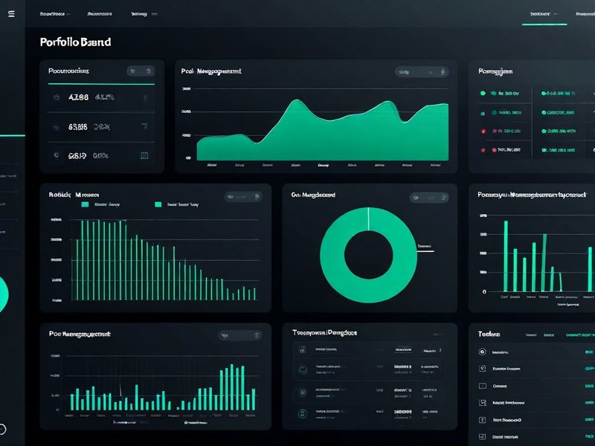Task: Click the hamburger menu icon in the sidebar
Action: pyautogui.click(x=11, y=14)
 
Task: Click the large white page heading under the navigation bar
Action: pyautogui.click(x=75, y=42)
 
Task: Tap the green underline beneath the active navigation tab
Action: pyautogui.click(x=544, y=25)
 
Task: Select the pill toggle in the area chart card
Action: pyautogui.click(x=422, y=72)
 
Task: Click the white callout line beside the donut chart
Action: pyautogui.click(x=424, y=251)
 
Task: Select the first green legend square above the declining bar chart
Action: pyautogui.click(x=85, y=204)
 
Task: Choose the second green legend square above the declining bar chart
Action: pyautogui.click(x=158, y=204)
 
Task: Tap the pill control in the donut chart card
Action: pyautogui.click(x=430, y=198)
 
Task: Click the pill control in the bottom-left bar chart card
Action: pyautogui.click(x=240, y=335)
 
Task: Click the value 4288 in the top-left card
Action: pyautogui.click(x=78, y=97)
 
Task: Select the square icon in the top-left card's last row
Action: pyautogui.click(x=144, y=156)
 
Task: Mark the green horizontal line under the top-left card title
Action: pyautogui.click(x=100, y=84)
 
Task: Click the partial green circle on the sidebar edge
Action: pyautogui.click(x=4, y=294)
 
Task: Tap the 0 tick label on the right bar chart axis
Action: pyautogui.click(x=484, y=292)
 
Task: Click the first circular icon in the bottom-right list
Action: pyautogui.click(x=483, y=352)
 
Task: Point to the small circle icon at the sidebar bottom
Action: pyautogui.click(x=2, y=429)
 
